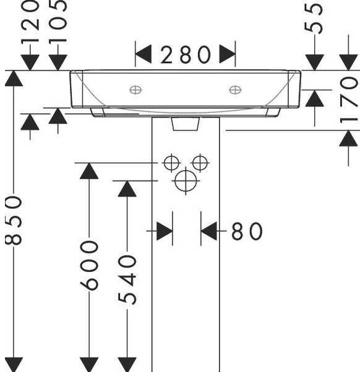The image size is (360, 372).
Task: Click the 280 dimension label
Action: tap(186, 54)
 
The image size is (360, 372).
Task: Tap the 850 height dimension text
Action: tap(14, 220)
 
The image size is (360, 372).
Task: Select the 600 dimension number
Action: tap(89, 265)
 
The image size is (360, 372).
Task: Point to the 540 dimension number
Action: tap(127, 280)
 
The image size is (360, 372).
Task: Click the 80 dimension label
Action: tap(247, 231)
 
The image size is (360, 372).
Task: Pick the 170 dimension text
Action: tap(348, 99)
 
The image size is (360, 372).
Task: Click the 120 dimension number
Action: tap(30, 22)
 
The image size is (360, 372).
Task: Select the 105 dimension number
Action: tap(58, 22)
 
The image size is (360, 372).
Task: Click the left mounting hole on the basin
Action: tap(135, 90)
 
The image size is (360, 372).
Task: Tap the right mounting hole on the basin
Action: tap(235, 90)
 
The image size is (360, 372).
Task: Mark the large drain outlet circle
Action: tap(186, 181)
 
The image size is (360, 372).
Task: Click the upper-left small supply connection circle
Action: tap(171, 163)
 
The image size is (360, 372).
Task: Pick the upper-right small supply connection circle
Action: tap(200, 163)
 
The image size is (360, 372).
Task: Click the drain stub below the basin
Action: tap(186, 124)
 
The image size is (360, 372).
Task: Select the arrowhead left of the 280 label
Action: tap(144, 54)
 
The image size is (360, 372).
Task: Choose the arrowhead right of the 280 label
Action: tap(227, 54)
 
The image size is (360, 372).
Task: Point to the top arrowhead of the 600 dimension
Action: tap(89, 171)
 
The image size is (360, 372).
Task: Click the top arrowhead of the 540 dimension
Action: tap(127, 189)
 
